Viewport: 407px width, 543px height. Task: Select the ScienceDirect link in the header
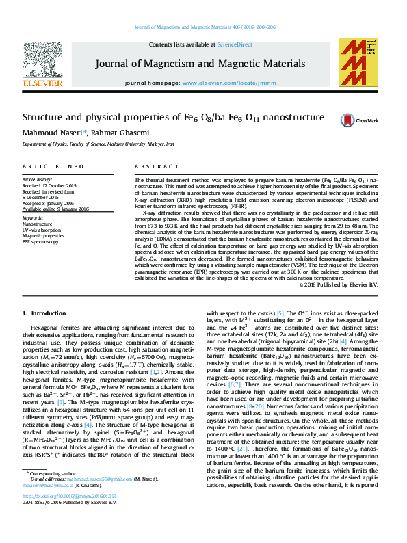(235, 44)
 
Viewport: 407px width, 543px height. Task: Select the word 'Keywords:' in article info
(32, 217)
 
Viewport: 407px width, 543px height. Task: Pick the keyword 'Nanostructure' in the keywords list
(38, 224)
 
